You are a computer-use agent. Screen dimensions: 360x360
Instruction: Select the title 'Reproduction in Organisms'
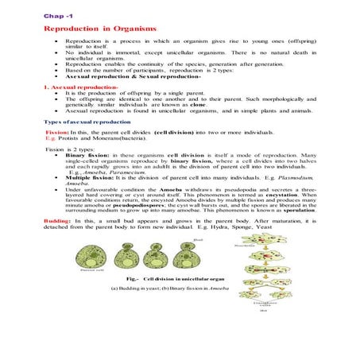90,28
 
